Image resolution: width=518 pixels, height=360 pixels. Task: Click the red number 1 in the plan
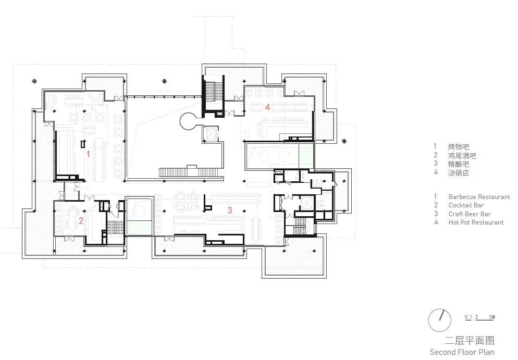(88, 154)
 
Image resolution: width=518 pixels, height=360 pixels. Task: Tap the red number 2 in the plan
(81, 220)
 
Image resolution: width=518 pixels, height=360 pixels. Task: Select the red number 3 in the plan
(229, 210)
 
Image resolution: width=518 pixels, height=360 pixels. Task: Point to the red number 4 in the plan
(267, 107)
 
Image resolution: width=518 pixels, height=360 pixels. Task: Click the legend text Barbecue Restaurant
(479, 197)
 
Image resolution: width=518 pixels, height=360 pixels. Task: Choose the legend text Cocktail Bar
(466, 205)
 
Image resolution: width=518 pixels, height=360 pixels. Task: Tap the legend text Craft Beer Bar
(470, 214)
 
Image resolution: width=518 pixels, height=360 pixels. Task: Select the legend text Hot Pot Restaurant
(476, 222)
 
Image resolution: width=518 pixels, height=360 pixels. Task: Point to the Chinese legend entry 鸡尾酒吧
(462, 155)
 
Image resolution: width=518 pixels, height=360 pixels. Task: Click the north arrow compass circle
(439, 320)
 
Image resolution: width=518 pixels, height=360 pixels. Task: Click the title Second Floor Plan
(462, 352)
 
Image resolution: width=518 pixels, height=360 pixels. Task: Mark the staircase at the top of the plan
(212, 94)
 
